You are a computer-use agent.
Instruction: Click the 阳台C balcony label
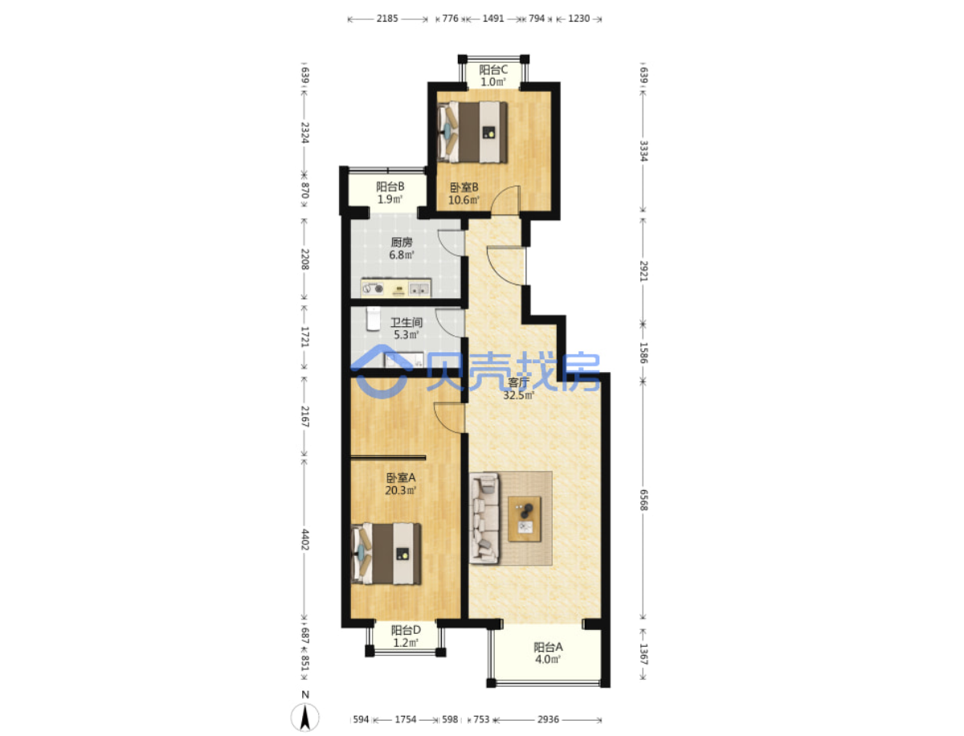click(x=492, y=76)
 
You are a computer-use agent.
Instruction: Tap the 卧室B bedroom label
click(x=464, y=194)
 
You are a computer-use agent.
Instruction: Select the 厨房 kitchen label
click(x=402, y=248)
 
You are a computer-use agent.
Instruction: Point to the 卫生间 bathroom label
click(x=406, y=329)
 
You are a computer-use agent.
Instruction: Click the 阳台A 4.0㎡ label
click(x=548, y=653)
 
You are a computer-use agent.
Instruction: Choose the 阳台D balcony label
click(x=406, y=636)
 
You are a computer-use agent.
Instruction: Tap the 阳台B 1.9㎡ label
click(x=390, y=193)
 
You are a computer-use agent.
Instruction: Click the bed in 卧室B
click(x=472, y=133)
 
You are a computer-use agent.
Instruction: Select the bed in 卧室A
click(x=386, y=554)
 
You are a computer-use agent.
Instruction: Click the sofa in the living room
click(x=484, y=518)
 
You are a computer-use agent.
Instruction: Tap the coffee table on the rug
click(x=524, y=519)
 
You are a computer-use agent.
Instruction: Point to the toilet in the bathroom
click(x=374, y=319)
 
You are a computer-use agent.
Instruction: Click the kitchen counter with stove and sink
click(x=396, y=288)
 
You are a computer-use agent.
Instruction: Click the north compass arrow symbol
click(x=304, y=718)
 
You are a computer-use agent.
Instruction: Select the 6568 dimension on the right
click(x=643, y=500)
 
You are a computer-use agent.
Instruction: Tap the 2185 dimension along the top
click(x=387, y=18)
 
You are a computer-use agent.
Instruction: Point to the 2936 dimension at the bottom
click(x=548, y=719)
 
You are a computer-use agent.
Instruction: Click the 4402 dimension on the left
click(x=304, y=539)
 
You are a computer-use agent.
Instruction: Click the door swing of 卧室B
click(x=506, y=200)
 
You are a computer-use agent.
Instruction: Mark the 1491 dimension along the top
click(x=492, y=18)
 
